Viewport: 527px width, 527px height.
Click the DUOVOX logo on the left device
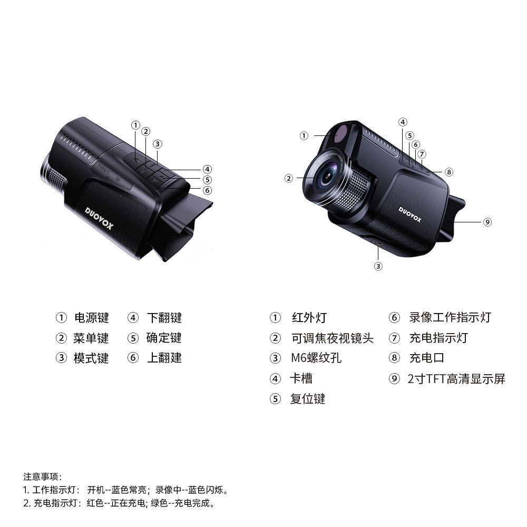coord(99,218)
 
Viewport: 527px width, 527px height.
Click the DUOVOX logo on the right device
coord(409,214)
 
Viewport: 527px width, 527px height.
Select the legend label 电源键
coord(92,318)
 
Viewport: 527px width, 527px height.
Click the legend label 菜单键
coord(91,338)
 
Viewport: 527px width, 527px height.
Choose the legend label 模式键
coord(91,358)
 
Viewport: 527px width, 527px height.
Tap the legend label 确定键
coord(164,338)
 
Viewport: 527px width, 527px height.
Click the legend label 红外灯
coord(309,318)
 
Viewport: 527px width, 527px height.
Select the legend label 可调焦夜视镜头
coord(333,338)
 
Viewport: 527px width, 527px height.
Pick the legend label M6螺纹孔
coord(316,358)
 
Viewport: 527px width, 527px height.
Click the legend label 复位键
coord(308,399)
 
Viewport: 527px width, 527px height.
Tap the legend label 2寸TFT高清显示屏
coord(456,379)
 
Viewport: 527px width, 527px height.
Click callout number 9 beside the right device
coord(487,222)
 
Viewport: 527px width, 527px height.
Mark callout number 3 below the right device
coord(378,267)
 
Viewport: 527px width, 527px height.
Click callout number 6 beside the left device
coord(207,190)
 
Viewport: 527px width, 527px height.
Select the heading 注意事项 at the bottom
coord(41,476)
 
